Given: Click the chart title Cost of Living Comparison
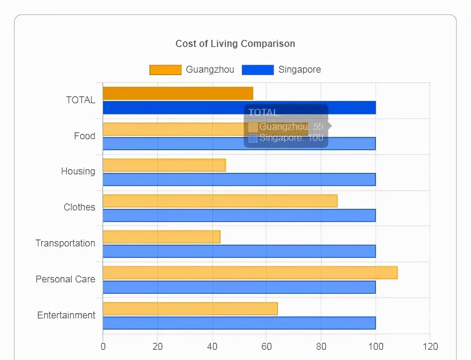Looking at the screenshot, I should tap(235, 43).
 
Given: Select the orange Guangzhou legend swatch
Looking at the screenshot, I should tap(165, 70).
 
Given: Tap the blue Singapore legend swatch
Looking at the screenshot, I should tap(258, 70).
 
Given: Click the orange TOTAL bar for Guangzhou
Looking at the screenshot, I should tap(178, 93).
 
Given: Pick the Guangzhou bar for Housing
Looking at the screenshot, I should tap(164, 165).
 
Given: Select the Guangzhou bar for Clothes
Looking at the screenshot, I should tap(220, 201).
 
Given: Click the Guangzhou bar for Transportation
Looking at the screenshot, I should tap(162, 237).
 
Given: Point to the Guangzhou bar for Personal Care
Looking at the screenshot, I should tap(250, 273).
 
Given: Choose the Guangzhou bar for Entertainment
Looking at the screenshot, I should tap(190, 309).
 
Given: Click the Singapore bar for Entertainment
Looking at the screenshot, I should tap(239, 323).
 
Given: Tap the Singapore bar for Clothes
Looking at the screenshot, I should tap(239, 215).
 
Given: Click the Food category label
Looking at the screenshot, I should tap(84, 136).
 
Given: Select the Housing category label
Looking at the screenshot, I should tap(78, 171).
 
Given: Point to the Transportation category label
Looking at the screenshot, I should tap(65, 243).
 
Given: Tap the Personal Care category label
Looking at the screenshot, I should tap(65, 279).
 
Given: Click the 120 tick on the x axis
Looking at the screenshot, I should tap(430, 347).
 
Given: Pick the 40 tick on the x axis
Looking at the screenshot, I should tap(212, 347).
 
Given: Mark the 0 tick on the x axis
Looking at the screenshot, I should tap(103, 347).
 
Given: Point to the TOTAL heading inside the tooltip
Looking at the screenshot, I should tap(264, 113).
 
